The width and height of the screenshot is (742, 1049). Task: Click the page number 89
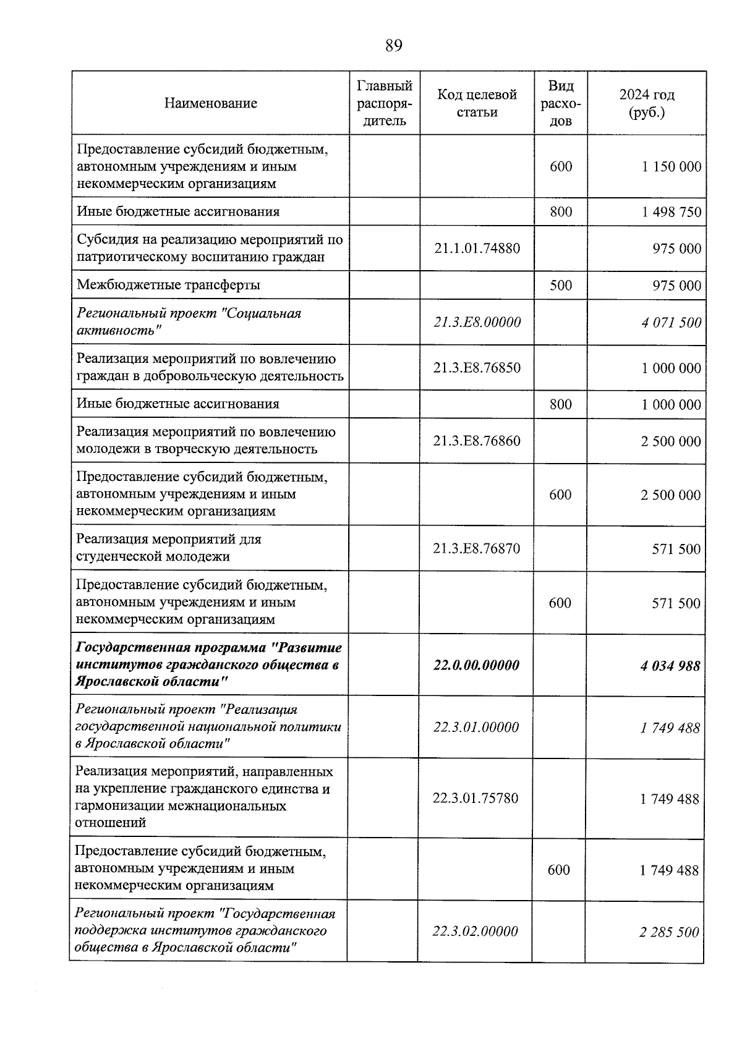(393, 46)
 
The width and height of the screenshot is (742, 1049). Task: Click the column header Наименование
(211, 103)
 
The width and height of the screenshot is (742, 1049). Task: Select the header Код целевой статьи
(477, 103)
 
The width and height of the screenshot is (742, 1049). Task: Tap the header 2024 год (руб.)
(646, 103)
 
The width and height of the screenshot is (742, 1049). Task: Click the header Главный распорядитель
(385, 103)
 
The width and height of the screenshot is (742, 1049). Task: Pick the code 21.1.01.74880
(477, 248)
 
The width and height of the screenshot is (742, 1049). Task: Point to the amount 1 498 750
(671, 212)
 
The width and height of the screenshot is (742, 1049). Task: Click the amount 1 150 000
(671, 167)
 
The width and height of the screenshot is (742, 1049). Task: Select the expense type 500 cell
(560, 285)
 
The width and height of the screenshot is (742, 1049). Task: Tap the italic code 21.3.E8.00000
(477, 322)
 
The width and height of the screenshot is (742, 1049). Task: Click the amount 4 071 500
(671, 323)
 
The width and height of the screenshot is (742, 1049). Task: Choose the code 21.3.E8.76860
(477, 441)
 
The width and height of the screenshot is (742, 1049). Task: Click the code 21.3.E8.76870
(477, 548)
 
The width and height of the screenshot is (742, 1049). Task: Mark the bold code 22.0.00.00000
(477, 666)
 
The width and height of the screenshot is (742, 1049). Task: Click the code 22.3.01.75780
(475, 798)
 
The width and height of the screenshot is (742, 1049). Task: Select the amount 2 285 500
(669, 932)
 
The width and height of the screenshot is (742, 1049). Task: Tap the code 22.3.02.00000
(475, 932)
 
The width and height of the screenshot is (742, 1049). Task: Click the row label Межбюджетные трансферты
(168, 285)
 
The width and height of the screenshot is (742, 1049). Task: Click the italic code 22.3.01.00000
(476, 728)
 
